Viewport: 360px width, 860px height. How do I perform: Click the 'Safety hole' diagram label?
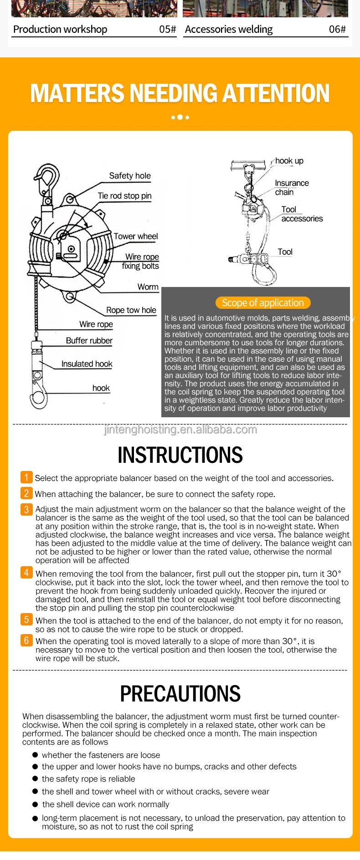(x=130, y=176)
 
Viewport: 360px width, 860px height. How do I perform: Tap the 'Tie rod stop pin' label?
(x=124, y=196)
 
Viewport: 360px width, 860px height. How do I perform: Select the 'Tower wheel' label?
(x=136, y=236)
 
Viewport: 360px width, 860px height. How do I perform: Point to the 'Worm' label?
(x=148, y=287)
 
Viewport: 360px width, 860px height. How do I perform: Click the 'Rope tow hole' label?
(x=131, y=310)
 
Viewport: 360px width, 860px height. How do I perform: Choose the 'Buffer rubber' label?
(x=89, y=341)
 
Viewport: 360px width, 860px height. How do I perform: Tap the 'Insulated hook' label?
(x=87, y=364)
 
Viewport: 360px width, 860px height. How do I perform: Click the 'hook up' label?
(x=289, y=161)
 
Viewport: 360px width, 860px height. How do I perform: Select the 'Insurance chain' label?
(x=291, y=187)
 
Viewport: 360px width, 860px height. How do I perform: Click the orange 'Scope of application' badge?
(x=263, y=303)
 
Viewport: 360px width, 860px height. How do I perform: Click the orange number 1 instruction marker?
(x=26, y=477)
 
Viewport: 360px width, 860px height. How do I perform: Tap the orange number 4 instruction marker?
(x=26, y=573)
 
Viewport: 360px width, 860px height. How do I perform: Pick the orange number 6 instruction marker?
(x=26, y=640)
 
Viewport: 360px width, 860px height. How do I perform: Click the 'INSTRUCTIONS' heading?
(x=180, y=455)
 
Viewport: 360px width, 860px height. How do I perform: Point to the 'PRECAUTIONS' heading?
(x=180, y=694)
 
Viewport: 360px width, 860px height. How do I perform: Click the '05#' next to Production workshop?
(x=167, y=30)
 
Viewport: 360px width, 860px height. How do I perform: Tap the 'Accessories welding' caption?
(x=229, y=30)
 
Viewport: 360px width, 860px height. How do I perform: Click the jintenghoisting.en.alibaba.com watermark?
(x=180, y=430)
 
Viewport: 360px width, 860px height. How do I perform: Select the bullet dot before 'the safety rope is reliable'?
(x=35, y=779)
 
